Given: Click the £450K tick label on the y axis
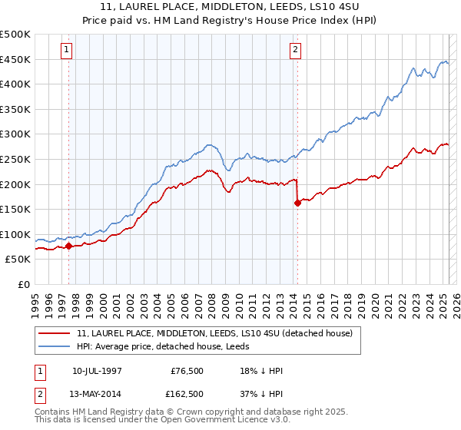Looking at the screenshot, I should point(15,59).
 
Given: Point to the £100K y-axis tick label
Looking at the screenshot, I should point(15,234).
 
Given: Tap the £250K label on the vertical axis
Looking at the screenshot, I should point(15,159).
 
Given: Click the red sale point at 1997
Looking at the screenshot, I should point(69,246).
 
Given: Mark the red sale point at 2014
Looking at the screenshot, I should point(297,203).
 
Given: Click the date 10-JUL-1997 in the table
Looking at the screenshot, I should point(97,371).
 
